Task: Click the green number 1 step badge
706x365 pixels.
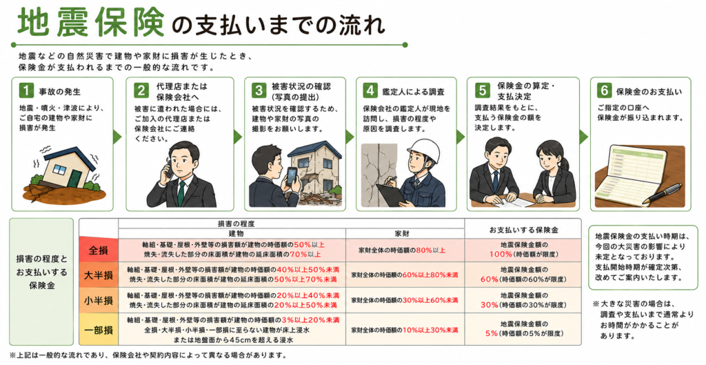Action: tap(26, 90)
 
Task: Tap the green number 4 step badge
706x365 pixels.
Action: tap(370, 90)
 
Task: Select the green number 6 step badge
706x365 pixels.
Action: tap(604, 90)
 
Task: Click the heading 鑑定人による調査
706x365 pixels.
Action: tap(414, 92)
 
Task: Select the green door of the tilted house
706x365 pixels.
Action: tap(73, 177)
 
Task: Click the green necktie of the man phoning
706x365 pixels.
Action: tap(181, 193)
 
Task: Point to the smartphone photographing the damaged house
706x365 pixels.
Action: tap(292, 176)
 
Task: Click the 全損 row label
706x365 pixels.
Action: tap(99, 250)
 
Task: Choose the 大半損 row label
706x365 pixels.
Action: tap(99, 275)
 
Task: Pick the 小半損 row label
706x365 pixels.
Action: tap(99, 300)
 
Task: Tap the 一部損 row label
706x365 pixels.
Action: tap(99, 329)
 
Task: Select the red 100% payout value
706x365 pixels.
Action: tap(501, 254)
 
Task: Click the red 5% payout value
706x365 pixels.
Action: tap(491, 333)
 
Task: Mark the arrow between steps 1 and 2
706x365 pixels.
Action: tap(118, 137)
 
